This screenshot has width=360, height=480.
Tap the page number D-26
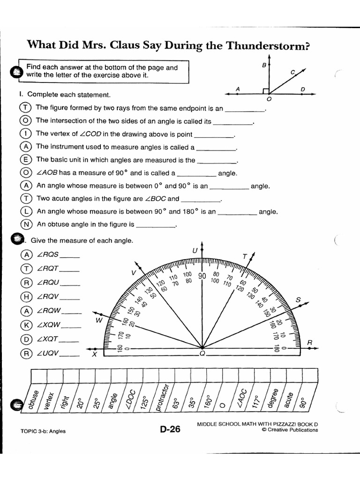tap(170, 429)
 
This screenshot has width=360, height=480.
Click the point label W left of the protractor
tap(99, 321)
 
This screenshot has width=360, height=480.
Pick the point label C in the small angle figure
tap(292, 72)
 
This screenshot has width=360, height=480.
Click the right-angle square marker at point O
tap(266, 90)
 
